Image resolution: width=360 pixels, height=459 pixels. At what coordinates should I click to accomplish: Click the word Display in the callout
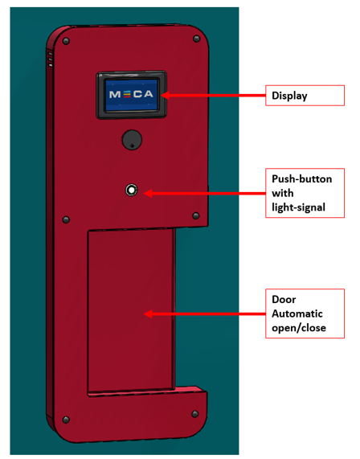coord(289,96)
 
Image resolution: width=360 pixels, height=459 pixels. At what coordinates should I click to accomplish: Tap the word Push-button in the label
coord(302,179)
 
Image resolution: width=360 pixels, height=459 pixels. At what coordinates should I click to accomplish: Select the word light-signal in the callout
coord(299,207)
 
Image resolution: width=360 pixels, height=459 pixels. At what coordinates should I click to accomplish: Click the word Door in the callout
coord(284,300)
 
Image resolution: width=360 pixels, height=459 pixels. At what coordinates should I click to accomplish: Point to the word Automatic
coord(297,314)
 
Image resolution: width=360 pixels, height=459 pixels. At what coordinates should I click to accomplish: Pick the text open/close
coord(299,328)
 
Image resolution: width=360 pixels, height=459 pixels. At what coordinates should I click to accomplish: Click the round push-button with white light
coord(132,190)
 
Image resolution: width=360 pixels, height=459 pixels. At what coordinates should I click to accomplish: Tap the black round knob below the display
coord(132,140)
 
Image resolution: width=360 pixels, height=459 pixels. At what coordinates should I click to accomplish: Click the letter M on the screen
coord(115,94)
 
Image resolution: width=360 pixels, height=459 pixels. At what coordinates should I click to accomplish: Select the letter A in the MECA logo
coord(149,94)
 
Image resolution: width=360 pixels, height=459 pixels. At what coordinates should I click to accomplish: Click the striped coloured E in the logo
coord(127,94)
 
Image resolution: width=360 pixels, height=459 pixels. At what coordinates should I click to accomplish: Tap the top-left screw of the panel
coord(66,41)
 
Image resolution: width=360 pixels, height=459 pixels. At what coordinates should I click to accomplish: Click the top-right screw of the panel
coord(197,39)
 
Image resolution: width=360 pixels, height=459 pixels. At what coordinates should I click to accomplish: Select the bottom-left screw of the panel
coord(66,420)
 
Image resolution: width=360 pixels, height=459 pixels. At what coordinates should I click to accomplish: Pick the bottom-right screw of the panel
coord(195,414)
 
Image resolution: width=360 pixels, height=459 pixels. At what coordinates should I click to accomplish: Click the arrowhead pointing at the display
coord(165,96)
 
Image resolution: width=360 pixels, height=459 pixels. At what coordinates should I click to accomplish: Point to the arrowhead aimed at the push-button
coord(148,193)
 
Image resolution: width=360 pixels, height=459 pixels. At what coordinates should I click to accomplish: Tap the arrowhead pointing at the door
coord(148,314)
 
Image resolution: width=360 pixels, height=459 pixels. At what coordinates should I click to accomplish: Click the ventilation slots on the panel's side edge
coord(51,59)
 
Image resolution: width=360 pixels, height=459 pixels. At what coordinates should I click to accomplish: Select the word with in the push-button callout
coord(282,193)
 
